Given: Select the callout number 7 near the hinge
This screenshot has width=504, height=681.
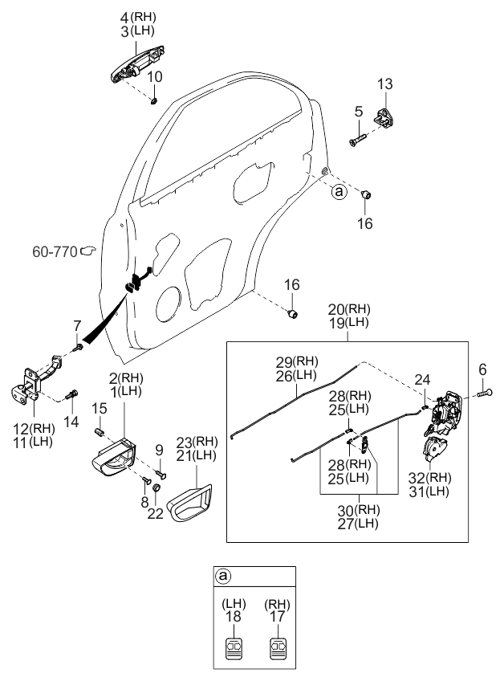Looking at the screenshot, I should pyautogui.click(x=77, y=325).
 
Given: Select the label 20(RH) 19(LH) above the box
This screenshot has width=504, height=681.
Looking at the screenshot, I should pyautogui.click(x=348, y=316).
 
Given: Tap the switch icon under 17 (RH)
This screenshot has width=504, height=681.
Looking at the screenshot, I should pyautogui.click(x=280, y=648).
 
